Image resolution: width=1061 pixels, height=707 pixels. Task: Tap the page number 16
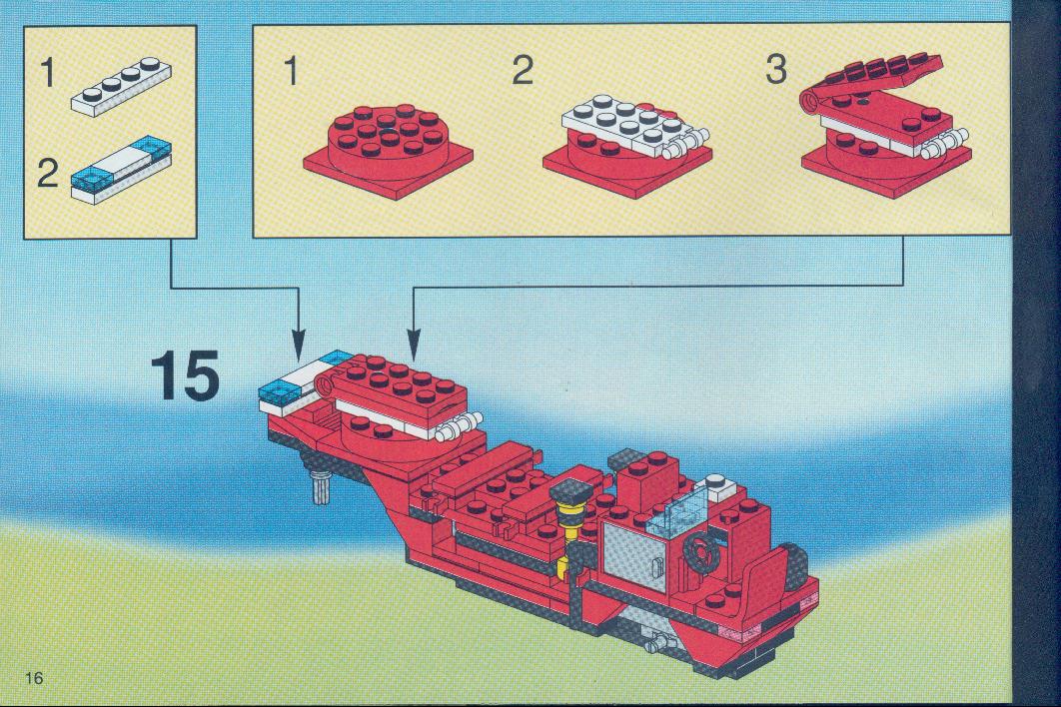[34, 677]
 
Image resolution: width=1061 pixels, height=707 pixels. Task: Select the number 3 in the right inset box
[776, 70]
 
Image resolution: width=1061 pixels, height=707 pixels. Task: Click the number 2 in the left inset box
[47, 174]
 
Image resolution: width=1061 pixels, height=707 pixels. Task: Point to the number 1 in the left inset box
[47, 72]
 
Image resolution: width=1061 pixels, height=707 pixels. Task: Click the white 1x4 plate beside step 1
[121, 87]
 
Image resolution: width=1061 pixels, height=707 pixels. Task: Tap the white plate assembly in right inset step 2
[635, 128]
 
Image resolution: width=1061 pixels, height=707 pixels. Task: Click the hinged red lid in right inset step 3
[872, 78]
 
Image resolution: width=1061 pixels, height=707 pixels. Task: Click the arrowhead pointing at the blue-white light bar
[298, 344]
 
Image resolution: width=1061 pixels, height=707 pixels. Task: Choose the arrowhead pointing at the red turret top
[414, 344]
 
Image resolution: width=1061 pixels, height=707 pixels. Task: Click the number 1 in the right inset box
[291, 70]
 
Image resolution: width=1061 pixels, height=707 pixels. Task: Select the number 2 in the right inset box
[523, 70]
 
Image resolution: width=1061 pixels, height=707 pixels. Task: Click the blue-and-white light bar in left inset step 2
[121, 169]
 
